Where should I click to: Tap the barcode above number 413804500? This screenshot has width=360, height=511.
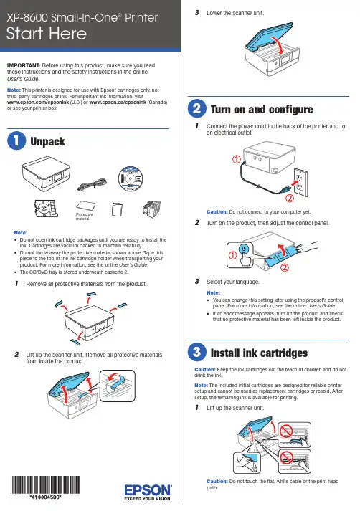(45, 484)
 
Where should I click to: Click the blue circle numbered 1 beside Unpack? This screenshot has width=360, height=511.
(16, 140)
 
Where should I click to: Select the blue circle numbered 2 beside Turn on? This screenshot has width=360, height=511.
(197, 108)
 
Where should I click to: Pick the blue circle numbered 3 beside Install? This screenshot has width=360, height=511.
(197, 352)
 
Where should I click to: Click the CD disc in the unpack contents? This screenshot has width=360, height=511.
(131, 178)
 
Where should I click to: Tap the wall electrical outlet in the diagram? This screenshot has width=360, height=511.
(300, 183)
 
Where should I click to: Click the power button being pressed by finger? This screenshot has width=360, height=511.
(243, 249)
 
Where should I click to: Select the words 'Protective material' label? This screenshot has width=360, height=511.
(84, 216)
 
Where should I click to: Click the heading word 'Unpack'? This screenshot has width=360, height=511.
(47, 141)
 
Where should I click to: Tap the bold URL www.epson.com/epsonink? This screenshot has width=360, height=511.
(38, 102)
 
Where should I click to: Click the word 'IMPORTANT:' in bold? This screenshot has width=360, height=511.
(24, 65)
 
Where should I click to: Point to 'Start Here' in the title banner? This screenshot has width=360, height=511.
(47, 33)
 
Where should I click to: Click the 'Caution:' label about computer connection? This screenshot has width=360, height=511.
(217, 212)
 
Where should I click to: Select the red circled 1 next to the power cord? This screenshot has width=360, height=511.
(237, 159)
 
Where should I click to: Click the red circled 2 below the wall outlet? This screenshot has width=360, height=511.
(290, 198)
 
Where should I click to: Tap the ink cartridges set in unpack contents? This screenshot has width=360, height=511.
(151, 209)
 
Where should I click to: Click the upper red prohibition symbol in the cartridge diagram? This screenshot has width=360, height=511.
(285, 431)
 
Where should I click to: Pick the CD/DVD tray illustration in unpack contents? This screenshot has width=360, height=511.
(47, 209)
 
